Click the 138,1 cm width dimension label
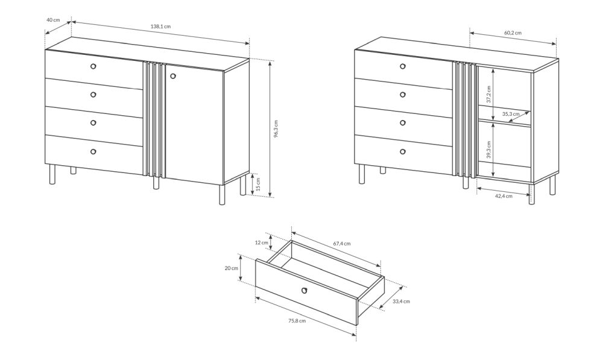coord(160,27)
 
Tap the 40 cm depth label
coord(53,20)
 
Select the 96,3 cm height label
coord(276,129)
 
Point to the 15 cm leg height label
coord(258,184)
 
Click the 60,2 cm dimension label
coord(513,33)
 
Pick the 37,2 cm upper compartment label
coord(488,94)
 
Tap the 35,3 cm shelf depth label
coord(511,114)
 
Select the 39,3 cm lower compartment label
coord(488,150)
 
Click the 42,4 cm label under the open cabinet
coord(504,196)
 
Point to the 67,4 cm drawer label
coord(342,244)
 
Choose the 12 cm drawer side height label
coord(262,242)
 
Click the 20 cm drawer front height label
coord(232,268)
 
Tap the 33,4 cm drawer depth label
coord(401,301)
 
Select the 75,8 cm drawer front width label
coord(297,321)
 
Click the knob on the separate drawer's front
coord(305,290)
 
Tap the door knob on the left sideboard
coord(172,76)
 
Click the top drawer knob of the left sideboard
coord(93,66)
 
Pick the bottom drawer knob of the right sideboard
coord(403,151)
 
